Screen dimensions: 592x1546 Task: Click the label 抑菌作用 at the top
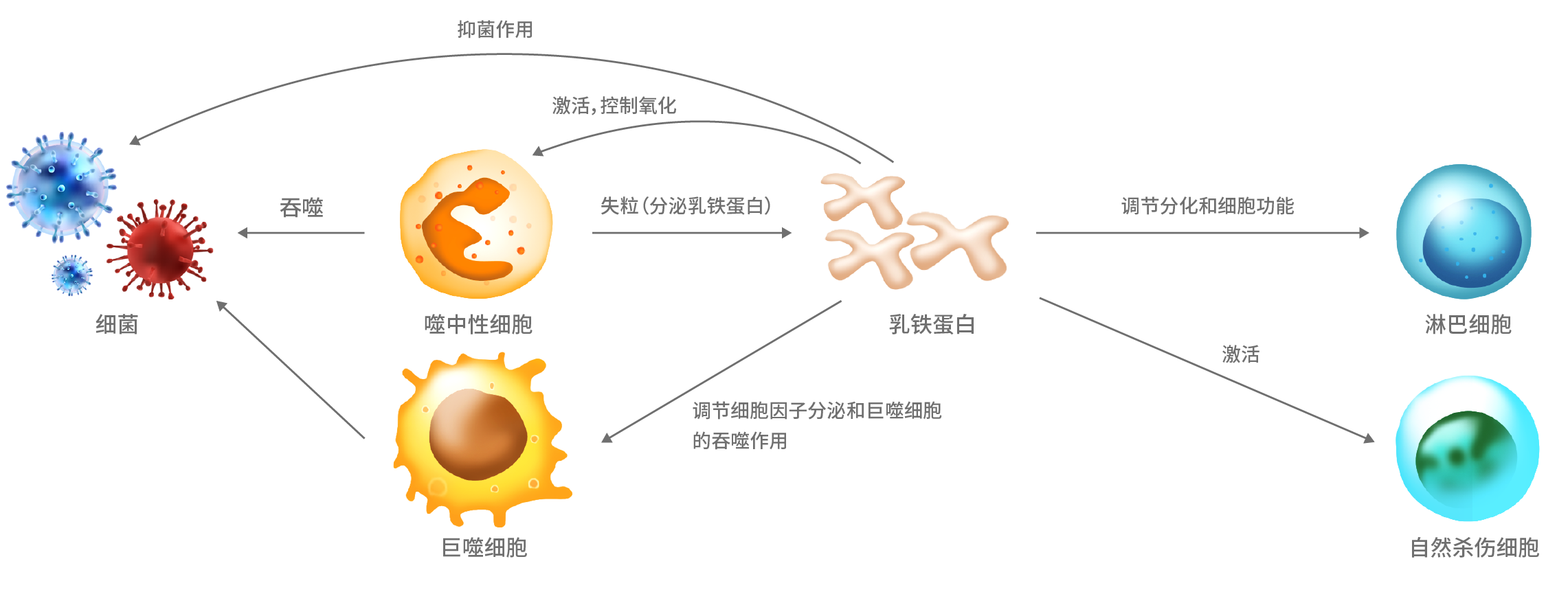click(495, 30)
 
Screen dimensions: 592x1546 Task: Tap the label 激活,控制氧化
click(614, 106)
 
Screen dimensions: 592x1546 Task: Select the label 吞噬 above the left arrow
click(301, 207)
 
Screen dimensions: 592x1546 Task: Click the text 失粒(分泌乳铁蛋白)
click(686, 205)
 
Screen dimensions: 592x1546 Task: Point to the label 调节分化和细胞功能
click(1207, 205)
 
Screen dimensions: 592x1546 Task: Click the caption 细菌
click(117, 324)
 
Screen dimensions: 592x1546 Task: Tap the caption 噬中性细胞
click(478, 324)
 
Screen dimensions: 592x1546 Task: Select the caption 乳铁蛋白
click(932, 324)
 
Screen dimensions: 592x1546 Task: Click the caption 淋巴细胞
click(1468, 324)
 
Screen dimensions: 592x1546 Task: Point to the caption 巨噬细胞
click(484, 547)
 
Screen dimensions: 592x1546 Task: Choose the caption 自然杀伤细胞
click(1474, 547)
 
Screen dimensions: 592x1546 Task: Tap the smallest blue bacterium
click(71, 275)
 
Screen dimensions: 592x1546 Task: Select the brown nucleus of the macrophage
click(478, 434)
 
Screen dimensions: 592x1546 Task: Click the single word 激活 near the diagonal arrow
click(1240, 354)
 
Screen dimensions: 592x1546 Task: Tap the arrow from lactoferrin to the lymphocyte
click(1202, 233)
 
